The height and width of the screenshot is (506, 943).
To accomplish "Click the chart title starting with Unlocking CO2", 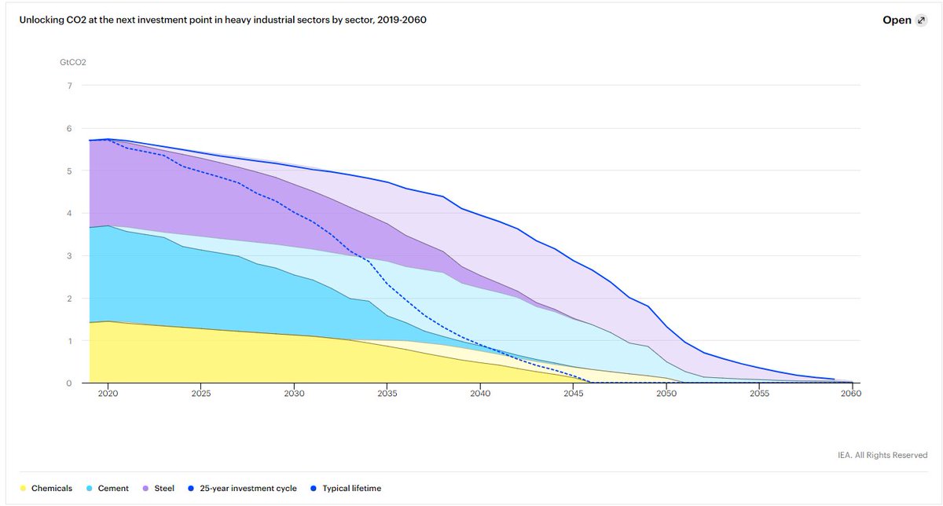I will [223, 20].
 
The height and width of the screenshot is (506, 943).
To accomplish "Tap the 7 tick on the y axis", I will [69, 86].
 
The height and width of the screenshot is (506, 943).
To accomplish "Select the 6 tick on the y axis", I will [69, 128].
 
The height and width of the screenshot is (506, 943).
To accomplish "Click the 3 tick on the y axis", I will [69, 256].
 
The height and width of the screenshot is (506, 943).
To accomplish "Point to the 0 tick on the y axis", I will [69, 383].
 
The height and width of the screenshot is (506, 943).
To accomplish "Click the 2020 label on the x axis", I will [108, 394].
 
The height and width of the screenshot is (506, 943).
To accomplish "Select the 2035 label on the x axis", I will [387, 394].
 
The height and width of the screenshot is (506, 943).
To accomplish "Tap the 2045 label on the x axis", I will [573, 394].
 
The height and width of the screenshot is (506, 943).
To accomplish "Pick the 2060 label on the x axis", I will [851, 394].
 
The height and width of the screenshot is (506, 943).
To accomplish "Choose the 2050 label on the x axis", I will [666, 394].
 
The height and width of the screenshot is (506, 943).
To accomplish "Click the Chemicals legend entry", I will [47, 488].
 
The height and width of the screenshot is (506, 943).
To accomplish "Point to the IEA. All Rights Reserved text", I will [882, 455].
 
